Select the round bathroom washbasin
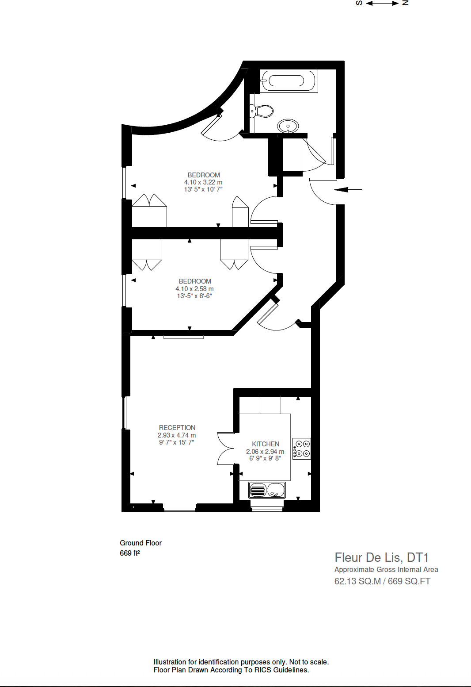click(x=288, y=126)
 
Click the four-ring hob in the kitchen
click(x=302, y=449)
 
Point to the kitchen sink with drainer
click(x=267, y=490)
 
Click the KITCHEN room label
click(x=266, y=444)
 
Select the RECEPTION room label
click(x=177, y=428)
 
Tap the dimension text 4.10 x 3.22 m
click(x=203, y=182)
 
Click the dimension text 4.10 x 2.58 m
click(x=194, y=289)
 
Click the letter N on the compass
click(x=405, y=3)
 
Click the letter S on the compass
click(x=359, y=3)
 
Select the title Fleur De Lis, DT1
click(x=381, y=557)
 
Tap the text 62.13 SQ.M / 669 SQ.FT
click(x=382, y=581)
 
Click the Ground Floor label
click(x=141, y=543)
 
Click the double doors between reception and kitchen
click(x=226, y=449)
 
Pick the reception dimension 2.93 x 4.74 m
click(x=177, y=435)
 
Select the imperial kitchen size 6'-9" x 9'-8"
click(x=265, y=458)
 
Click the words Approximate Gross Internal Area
click(x=386, y=570)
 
